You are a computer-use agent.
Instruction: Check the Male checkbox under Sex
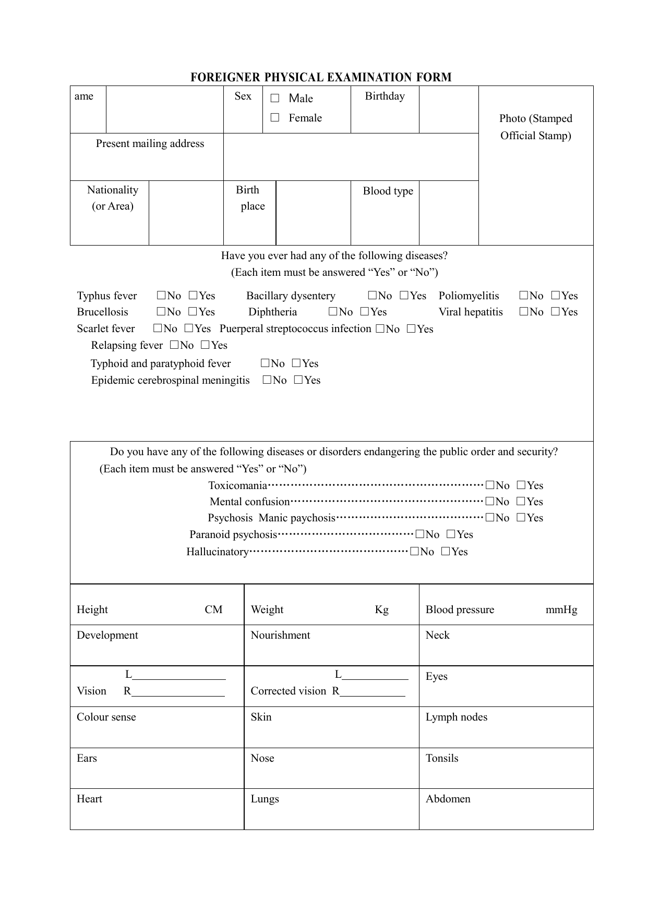[x=275, y=99]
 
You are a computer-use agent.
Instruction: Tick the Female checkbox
[x=275, y=118]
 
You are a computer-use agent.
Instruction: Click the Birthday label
[x=385, y=96]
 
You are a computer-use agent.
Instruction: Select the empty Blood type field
[x=448, y=212]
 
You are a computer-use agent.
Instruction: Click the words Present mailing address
[x=150, y=144]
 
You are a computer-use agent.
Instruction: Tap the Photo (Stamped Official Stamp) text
[x=535, y=127]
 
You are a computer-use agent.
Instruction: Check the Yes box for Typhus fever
[x=193, y=296]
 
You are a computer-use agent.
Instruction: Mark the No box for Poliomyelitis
[x=524, y=296]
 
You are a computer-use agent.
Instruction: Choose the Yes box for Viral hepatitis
[x=556, y=312]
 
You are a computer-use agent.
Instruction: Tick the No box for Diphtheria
[x=333, y=312]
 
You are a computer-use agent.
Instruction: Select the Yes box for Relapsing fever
[x=206, y=345]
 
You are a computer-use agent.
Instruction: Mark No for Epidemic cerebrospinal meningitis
[x=267, y=380]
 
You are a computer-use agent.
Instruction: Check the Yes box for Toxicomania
[x=521, y=485]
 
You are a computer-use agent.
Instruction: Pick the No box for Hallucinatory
[x=414, y=552]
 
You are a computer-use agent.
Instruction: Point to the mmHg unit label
[x=561, y=610]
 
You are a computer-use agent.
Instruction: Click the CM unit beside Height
[x=213, y=610]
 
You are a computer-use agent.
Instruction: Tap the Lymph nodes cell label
[x=457, y=717]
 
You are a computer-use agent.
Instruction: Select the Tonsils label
[x=442, y=759]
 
